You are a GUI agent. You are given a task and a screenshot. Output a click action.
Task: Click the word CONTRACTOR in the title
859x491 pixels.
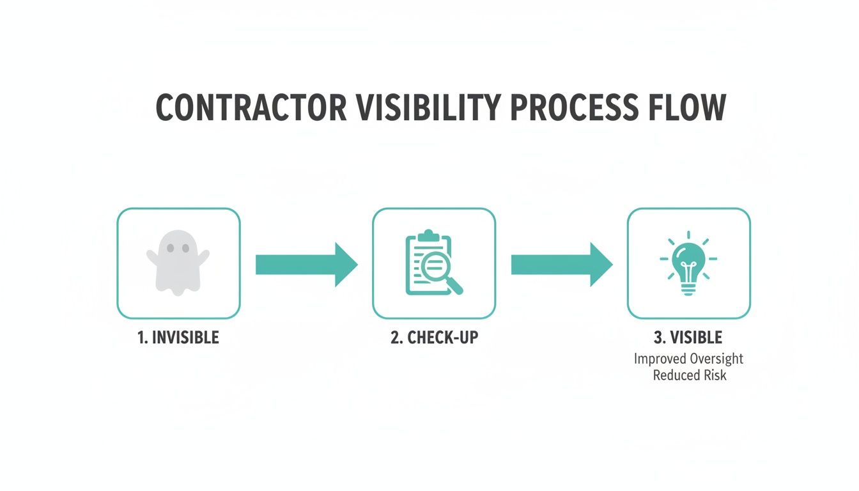tap(251, 107)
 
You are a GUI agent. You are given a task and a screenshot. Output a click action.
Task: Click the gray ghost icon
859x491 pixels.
tap(178, 263)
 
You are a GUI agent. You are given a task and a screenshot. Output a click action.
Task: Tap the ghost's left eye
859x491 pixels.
tap(169, 248)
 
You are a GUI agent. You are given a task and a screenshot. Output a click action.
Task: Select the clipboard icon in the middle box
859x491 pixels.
tap(427, 263)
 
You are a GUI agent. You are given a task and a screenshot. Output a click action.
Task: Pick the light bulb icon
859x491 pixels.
tap(688, 263)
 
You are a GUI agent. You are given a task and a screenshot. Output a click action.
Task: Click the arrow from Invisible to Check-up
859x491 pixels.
tap(306, 264)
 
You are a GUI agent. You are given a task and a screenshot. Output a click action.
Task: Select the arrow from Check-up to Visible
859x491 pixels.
tap(561, 264)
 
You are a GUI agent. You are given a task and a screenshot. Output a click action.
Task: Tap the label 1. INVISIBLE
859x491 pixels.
tap(178, 338)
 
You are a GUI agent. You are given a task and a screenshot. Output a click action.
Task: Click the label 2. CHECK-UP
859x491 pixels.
tap(434, 338)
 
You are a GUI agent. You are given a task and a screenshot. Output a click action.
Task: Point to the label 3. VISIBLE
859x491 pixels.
tap(688, 338)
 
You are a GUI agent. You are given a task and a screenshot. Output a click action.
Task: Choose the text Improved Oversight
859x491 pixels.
tap(688, 358)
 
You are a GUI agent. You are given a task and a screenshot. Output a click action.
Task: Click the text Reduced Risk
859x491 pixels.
tap(690, 375)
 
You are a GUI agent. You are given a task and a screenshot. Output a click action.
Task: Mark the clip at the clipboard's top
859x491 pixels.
tap(428, 235)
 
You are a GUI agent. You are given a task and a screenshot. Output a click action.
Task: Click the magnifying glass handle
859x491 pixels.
tap(456, 288)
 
